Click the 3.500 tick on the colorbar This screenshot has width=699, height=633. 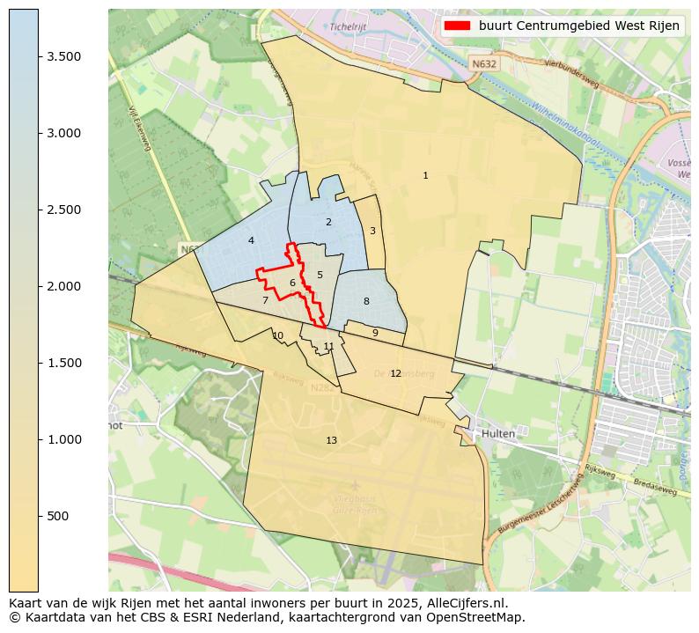tap(64, 56)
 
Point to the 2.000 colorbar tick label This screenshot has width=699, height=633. tap(64, 286)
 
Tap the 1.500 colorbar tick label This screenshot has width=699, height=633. tap(64, 363)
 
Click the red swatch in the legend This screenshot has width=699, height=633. tap(458, 26)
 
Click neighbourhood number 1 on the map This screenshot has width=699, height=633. tap(425, 176)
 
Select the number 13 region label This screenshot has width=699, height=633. tap(331, 440)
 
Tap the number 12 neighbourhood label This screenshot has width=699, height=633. tap(395, 374)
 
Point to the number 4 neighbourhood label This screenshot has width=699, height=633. tap(251, 240)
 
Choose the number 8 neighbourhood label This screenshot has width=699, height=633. tap(366, 302)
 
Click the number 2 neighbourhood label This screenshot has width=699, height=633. tap(328, 222)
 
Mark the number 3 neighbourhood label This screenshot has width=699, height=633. tap(372, 231)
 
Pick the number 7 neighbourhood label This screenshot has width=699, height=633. tap(265, 301)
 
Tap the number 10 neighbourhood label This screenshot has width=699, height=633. tap(277, 335)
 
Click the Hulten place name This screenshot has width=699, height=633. tap(497, 434)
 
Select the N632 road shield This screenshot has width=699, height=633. tap(483, 64)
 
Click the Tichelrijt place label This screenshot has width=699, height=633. tap(347, 26)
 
